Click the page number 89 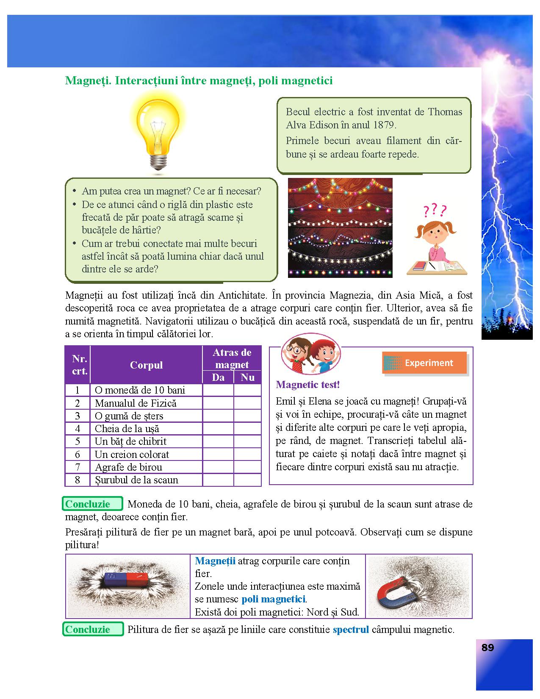point(487,648)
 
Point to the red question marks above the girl point(435,210)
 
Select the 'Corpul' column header point(146,365)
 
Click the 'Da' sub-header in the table point(218,377)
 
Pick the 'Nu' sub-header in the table point(247,377)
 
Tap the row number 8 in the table point(78,480)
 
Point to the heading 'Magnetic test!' point(308,385)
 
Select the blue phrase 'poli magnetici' point(273,599)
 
